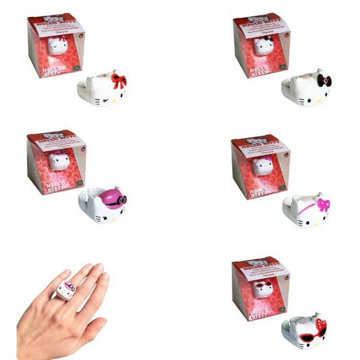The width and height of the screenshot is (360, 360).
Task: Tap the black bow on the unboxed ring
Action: pyautogui.click(x=324, y=80)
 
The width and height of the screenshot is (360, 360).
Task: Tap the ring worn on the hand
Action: pyautogui.click(x=65, y=288)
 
